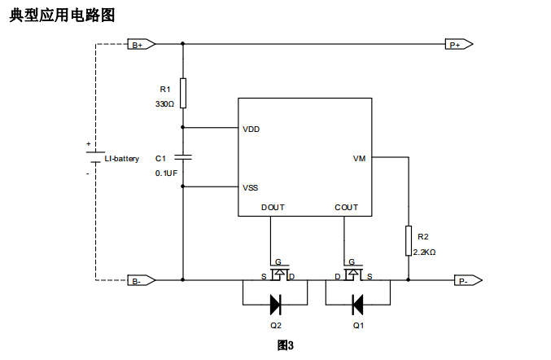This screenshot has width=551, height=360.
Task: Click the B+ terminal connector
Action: click(x=139, y=45)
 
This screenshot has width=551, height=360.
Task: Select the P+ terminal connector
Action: click(x=458, y=45)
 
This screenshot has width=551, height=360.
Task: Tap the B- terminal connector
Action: click(x=139, y=280)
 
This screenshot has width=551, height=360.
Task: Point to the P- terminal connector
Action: click(x=465, y=280)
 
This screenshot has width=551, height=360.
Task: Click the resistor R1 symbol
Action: click(x=183, y=93)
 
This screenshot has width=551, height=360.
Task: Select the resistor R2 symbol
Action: click(x=409, y=241)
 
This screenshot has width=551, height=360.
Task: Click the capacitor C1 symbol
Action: click(x=183, y=156)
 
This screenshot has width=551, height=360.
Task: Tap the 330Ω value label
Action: click(x=164, y=104)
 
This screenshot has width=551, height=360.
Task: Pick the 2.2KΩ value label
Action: click(x=425, y=252)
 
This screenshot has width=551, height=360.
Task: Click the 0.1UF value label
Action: click(x=166, y=173)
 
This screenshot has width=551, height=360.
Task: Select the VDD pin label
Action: click(x=251, y=129)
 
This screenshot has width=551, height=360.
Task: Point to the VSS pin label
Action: click(x=251, y=187)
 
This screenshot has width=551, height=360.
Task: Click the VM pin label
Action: click(x=359, y=158)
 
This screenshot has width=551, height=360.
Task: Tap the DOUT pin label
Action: click(x=273, y=207)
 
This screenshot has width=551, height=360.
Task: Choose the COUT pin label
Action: click(x=346, y=207)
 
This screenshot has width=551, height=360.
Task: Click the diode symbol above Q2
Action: click(x=275, y=305)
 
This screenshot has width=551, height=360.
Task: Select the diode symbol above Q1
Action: click(x=357, y=305)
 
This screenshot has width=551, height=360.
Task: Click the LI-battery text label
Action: click(x=122, y=158)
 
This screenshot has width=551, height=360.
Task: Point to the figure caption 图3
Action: click(x=285, y=345)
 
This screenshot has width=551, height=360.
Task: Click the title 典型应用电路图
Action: click(x=62, y=15)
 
